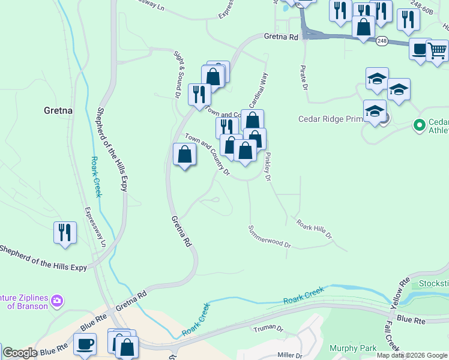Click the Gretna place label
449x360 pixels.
point(58,110)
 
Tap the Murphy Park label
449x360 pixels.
point(353,348)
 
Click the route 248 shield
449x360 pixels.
point(382,41)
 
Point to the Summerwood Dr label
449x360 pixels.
point(270,236)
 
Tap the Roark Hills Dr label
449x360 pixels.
point(314,229)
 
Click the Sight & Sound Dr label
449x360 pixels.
point(178,75)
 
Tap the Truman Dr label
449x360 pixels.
point(268,329)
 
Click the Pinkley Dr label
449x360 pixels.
point(268,167)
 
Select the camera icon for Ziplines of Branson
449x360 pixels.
point(58,300)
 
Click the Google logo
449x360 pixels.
point(20,353)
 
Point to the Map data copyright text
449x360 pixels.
point(412,355)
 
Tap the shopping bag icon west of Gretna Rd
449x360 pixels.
point(184,155)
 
